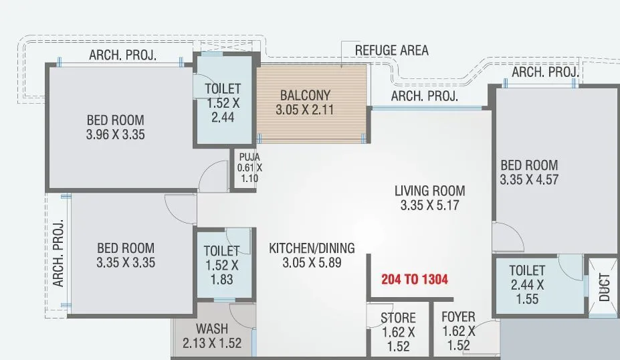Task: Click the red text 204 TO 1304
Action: click(x=415, y=280)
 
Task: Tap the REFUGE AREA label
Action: click(x=391, y=50)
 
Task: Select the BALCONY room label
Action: click(x=304, y=94)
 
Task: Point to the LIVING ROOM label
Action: click(x=429, y=191)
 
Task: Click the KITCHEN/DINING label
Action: click(x=312, y=248)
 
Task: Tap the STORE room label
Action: click(x=398, y=318)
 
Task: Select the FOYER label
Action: click(x=459, y=317)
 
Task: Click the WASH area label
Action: click(x=212, y=329)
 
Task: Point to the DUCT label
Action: click(x=605, y=286)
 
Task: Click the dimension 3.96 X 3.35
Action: click(x=116, y=134)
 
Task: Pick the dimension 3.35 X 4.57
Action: click(x=528, y=179)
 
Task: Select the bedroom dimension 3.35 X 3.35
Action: click(x=126, y=262)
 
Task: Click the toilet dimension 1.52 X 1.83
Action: click(x=221, y=272)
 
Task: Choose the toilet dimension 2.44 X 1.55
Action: click(x=527, y=292)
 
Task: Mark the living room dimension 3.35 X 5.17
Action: click(x=429, y=205)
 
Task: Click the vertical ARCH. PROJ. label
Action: click(x=58, y=253)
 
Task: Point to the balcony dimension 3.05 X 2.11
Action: click(x=304, y=109)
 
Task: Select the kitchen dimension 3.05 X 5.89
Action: click(x=312, y=263)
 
